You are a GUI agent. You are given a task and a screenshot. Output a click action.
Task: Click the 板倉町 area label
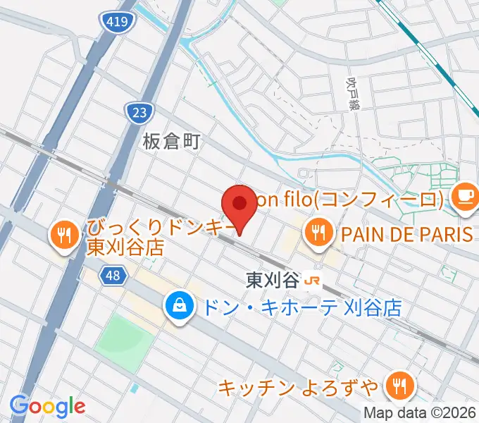click(x=172, y=142)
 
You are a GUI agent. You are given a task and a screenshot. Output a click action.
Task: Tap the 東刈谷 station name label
click(x=273, y=281)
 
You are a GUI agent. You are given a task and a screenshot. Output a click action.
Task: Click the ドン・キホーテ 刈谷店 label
click(x=301, y=307)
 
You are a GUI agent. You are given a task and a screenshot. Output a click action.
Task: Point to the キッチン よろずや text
click(x=299, y=387)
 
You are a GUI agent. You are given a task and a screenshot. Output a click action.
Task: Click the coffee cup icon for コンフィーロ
click(x=464, y=194)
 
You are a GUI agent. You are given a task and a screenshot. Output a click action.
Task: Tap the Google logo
click(x=47, y=405)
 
